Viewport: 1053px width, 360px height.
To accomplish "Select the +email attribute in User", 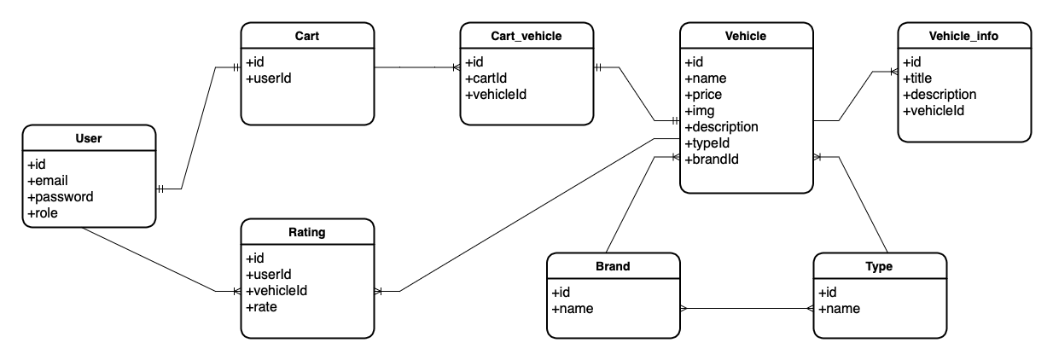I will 48,180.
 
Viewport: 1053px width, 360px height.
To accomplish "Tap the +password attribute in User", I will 61,196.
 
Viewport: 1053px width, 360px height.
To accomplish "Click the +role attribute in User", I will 44,212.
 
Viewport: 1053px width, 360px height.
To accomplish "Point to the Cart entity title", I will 307,36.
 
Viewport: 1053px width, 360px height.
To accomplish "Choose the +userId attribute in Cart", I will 269,78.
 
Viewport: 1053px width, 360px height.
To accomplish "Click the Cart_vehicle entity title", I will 526,36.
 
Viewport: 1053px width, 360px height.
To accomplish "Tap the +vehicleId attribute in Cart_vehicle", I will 496,95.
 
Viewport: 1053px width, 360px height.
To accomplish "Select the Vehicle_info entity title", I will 963,36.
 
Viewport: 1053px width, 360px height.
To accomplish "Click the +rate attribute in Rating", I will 261,307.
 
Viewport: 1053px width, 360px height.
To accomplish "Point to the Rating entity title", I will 307,232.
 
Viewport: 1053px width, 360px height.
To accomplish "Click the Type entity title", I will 879,266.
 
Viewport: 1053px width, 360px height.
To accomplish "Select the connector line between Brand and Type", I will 748,309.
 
